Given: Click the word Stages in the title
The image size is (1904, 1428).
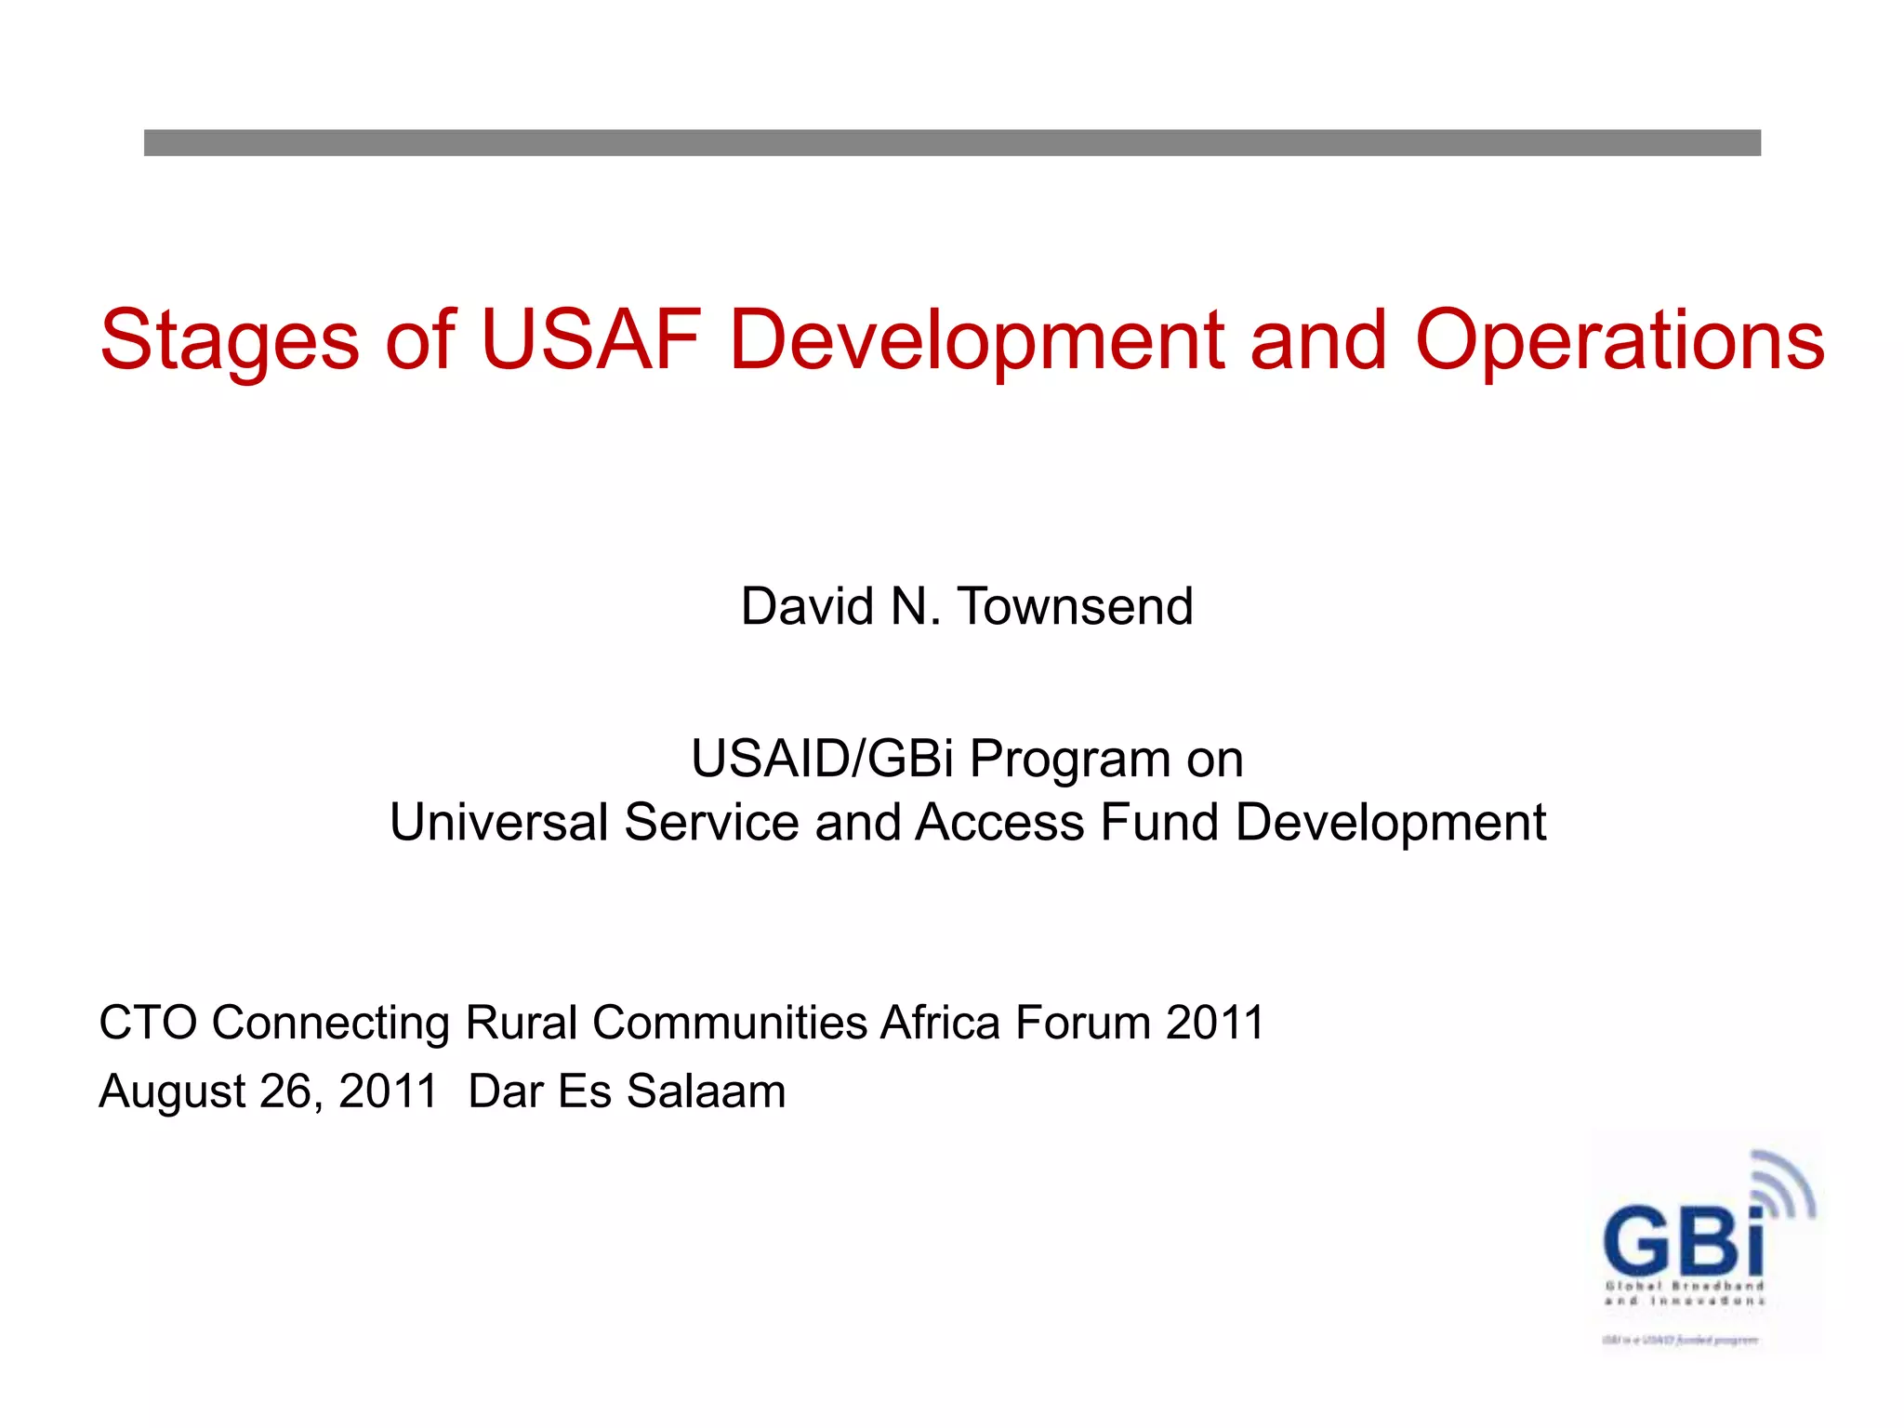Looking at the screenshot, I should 229,342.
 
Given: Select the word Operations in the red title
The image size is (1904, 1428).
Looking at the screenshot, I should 1620,342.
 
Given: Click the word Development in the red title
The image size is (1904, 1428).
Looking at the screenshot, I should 976,342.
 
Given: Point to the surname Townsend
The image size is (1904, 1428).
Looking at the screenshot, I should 1075,607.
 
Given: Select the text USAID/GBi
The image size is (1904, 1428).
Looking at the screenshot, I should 822,759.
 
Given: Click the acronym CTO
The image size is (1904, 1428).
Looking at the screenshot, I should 148,1023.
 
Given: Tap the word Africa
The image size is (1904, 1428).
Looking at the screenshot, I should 940,1023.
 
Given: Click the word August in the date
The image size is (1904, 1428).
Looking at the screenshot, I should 173,1091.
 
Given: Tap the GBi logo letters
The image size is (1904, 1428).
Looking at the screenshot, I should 1683,1241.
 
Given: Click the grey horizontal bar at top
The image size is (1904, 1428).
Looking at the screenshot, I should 952,142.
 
